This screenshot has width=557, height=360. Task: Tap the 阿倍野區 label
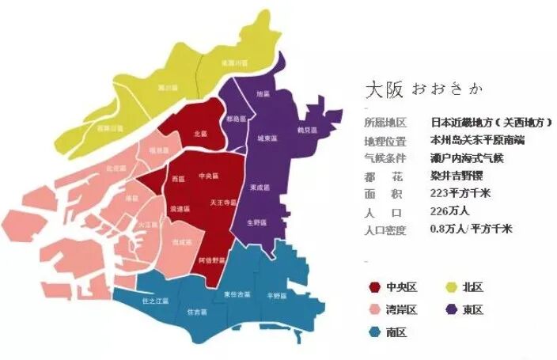(x=213, y=260)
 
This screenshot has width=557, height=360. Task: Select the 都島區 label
(x=235, y=119)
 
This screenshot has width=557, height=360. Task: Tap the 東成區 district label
(x=258, y=188)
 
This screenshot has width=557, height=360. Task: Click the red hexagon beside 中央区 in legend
(x=373, y=286)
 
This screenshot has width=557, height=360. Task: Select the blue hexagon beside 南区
(x=373, y=332)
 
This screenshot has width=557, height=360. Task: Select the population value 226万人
(x=452, y=212)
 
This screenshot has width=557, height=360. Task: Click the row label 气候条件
(x=385, y=157)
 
